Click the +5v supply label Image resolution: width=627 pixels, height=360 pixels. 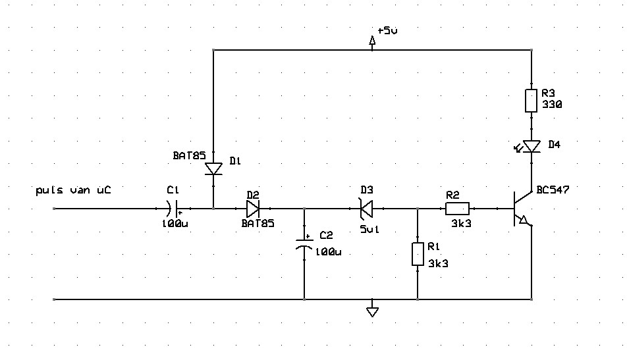pos(387,30)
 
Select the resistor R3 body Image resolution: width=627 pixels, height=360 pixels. pos(531,101)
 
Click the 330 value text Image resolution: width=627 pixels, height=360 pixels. pos(552,104)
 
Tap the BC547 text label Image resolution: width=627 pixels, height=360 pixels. pos(553,190)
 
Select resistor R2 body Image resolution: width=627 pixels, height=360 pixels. pos(458,209)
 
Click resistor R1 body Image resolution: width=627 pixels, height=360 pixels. pos(418,254)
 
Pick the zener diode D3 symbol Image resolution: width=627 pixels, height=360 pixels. pos(366,209)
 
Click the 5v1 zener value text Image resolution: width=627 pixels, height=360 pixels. pos(369,229)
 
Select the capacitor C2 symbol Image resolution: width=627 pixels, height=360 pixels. pos(304,244)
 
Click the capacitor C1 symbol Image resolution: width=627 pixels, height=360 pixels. pos(173,209)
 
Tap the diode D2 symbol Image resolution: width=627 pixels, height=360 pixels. pos(253,209)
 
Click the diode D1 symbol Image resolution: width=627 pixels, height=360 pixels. pos(213,168)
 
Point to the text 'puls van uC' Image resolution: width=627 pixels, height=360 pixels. pos(73,190)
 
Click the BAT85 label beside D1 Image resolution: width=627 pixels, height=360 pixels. pos(189,155)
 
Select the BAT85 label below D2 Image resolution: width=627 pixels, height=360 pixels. pos(258,223)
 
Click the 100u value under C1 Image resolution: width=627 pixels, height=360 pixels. pos(175,224)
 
